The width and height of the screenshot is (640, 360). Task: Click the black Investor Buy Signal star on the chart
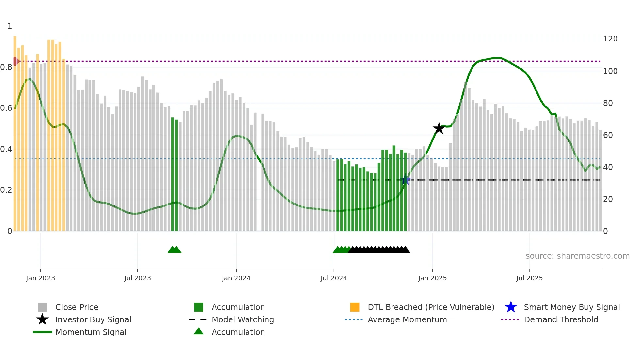coord(439,128)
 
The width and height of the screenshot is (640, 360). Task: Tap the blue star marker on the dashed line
coord(405,180)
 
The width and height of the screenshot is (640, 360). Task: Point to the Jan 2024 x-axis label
coord(236,278)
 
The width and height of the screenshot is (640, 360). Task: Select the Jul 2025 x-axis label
coord(529,278)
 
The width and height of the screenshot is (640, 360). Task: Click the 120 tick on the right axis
coord(610,39)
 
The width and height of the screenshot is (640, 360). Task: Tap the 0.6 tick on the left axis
coord(6,108)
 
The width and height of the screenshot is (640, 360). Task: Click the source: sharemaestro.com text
coord(577,256)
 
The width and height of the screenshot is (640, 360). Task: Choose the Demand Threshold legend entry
coord(561,319)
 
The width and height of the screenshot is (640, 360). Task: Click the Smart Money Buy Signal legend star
coord(511,307)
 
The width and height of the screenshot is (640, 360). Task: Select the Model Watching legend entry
coord(242,319)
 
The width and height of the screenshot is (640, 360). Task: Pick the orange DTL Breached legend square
coord(355,307)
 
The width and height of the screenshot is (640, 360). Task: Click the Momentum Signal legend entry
coord(91,332)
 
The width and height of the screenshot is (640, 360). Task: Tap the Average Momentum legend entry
coord(407,319)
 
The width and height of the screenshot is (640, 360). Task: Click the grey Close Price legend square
coord(42,307)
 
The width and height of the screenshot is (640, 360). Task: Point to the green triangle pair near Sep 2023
coord(174,250)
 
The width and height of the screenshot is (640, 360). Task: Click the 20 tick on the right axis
coord(608,199)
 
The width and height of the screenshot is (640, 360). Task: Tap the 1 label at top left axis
coord(10,26)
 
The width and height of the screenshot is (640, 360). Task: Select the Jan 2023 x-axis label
coord(40,278)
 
